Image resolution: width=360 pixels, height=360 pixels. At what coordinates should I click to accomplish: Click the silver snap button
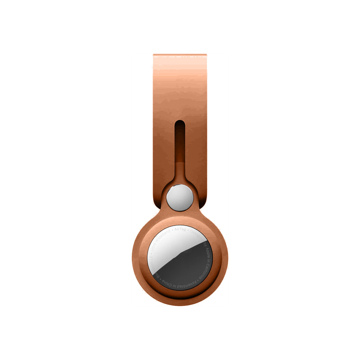coord(180,196)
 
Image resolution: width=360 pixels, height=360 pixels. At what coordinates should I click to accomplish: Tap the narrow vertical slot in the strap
coord(180,144)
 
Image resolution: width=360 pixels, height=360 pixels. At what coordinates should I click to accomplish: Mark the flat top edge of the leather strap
coord(180,55)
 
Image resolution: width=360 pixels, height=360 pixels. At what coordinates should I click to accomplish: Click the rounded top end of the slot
coord(180,121)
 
